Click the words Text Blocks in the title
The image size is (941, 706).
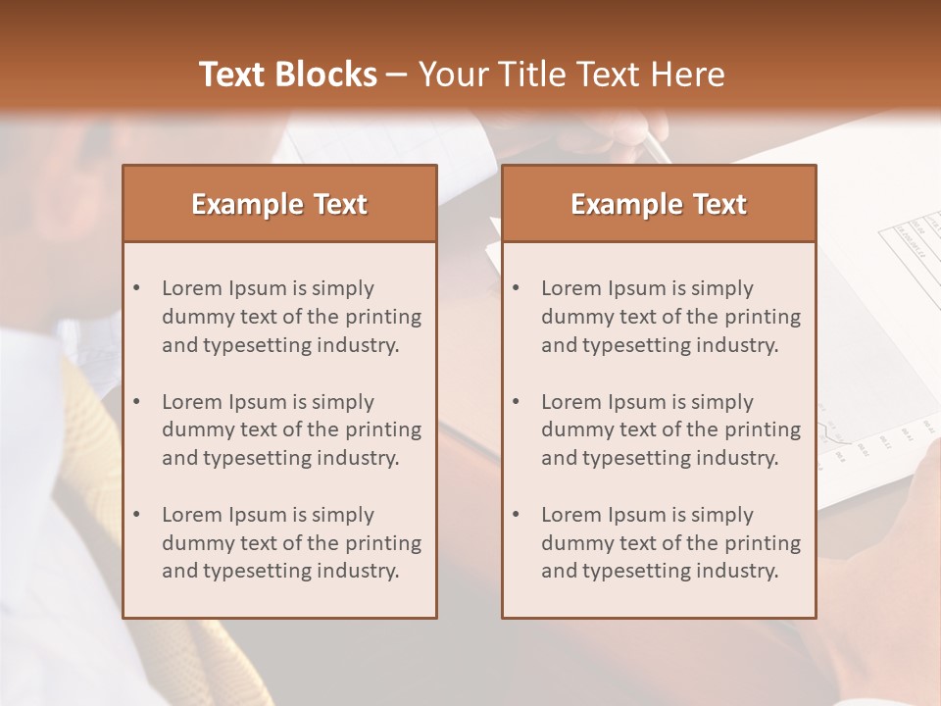coord(287,75)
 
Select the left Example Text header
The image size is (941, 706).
coord(279,204)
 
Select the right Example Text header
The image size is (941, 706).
coord(659,204)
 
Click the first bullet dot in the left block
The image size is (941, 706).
coord(136,288)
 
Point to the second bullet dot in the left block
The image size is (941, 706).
coord(136,402)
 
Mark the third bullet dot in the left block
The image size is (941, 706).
coord(136,515)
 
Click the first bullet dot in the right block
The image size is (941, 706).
coord(516,288)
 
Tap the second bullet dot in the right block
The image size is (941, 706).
coord(516,402)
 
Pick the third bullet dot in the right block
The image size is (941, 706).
coord(516,515)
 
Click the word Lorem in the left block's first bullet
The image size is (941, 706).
coord(192,288)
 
